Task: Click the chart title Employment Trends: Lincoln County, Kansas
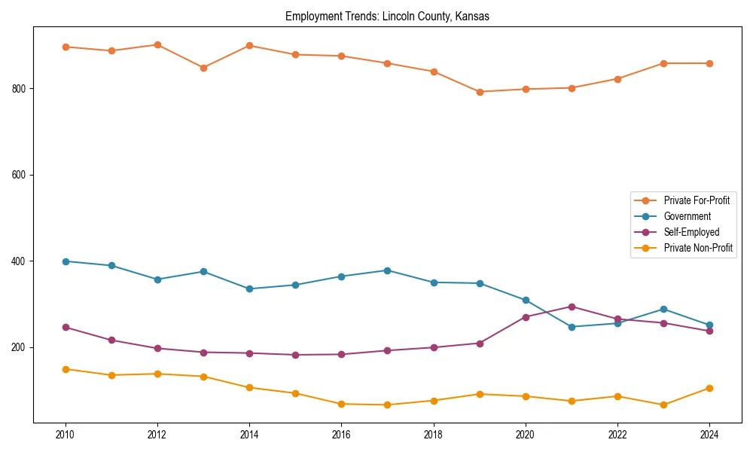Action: point(387,17)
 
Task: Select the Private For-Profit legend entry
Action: point(697,200)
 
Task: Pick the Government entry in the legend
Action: point(687,216)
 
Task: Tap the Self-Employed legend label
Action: point(691,232)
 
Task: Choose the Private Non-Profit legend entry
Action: point(698,248)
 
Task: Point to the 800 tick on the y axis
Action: point(21,88)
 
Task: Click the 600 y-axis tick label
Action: point(21,175)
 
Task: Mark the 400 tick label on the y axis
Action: point(21,261)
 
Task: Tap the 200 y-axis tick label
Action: point(21,347)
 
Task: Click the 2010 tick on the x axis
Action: point(66,435)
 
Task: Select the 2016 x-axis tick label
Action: point(341,435)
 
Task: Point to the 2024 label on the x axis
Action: point(709,435)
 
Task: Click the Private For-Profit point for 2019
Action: point(480,92)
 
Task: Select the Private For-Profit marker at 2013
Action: point(203,68)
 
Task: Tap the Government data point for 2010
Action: point(66,261)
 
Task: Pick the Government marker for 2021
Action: point(572,327)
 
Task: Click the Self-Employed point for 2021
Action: point(572,307)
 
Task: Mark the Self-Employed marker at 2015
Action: point(295,355)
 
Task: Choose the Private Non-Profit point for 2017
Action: point(387,405)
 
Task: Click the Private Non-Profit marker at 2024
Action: point(709,388)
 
